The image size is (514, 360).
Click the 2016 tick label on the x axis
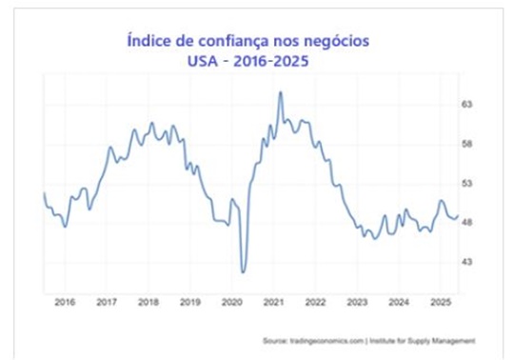click(65, 302)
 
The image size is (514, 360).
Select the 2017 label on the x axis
click(107, 302)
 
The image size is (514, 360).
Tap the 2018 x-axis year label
click(148, 302)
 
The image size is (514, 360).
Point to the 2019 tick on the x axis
click(190, 302)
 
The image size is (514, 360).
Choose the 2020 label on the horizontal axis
click(232, 302)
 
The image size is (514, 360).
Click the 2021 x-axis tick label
click(274, 302)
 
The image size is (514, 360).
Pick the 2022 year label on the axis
click(315, 302)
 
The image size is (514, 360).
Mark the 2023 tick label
click(357, 302)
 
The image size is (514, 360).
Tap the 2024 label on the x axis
click(399, 302)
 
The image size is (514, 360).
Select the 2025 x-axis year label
click(441, 302)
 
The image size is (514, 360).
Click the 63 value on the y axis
click(468, 104)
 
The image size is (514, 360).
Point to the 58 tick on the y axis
click(468, 144)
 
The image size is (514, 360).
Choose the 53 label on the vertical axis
click(468, 183)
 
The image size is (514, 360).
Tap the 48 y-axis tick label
click(468, 222)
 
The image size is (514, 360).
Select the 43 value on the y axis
click(468, 261)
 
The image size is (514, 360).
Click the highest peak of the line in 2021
click(280, 92)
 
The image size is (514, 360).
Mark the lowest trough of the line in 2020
click(244, 272)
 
